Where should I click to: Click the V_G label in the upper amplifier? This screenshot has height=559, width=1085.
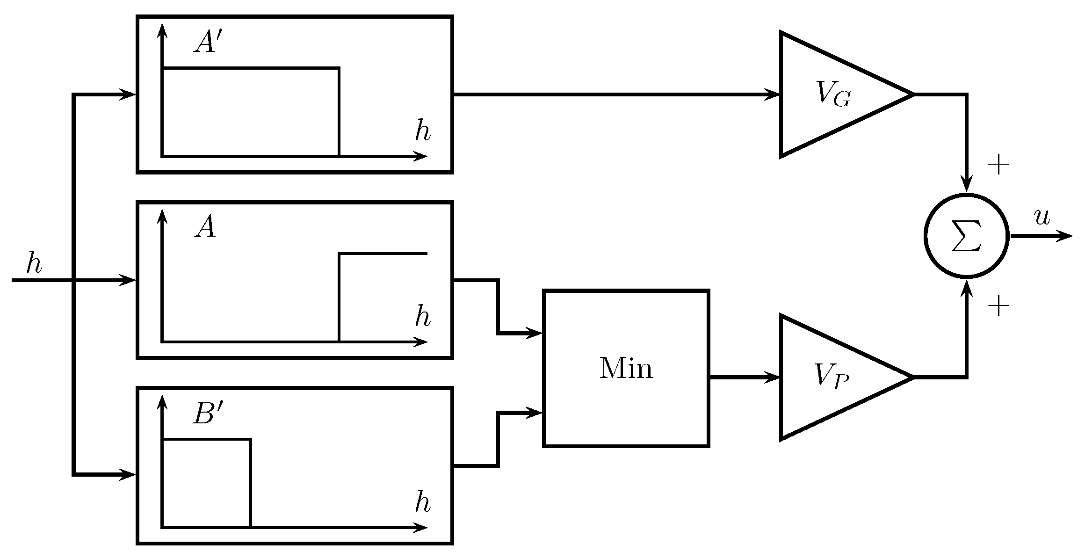pos(833,94)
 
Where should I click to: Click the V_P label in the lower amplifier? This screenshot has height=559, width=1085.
pos(831,377)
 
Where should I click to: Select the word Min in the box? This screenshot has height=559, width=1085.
pos(626,369)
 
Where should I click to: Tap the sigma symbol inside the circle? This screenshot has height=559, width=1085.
pos(966,237)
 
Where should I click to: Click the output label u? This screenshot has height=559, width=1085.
pos(1042,218)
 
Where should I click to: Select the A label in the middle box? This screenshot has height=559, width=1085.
pos(205,229)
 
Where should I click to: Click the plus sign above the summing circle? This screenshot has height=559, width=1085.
pos(998,165)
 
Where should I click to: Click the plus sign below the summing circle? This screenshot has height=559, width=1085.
pos(998,306)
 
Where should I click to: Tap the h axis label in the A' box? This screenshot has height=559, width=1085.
pos(423,131)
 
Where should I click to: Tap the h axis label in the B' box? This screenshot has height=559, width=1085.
pos(423,503)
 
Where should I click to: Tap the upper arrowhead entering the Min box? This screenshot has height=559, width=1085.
pos(535,333)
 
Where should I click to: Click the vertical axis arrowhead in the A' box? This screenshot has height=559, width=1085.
pos(162,31)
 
